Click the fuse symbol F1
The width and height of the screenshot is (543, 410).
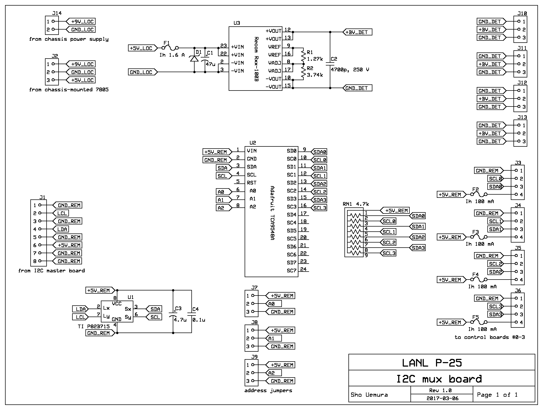[170, 48]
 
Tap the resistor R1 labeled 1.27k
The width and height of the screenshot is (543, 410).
[303, 56]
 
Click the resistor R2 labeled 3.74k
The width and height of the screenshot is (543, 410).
[303, 72]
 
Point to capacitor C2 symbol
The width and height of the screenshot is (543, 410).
[330, 64]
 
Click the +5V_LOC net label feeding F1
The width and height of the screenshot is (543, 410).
[141, 48]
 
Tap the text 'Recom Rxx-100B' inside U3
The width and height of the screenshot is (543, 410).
[256, 59]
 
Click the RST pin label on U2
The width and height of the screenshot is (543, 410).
[252, 183]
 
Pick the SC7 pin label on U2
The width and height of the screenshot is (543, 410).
[291, 271]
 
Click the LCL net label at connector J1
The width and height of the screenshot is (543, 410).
[62, 213]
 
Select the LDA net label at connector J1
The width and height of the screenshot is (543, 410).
[62, 229]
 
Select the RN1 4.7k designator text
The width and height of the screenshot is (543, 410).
[356, 204]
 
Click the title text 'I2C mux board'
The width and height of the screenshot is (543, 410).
[439, 379]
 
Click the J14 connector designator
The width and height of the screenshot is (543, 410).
[57, 13]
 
